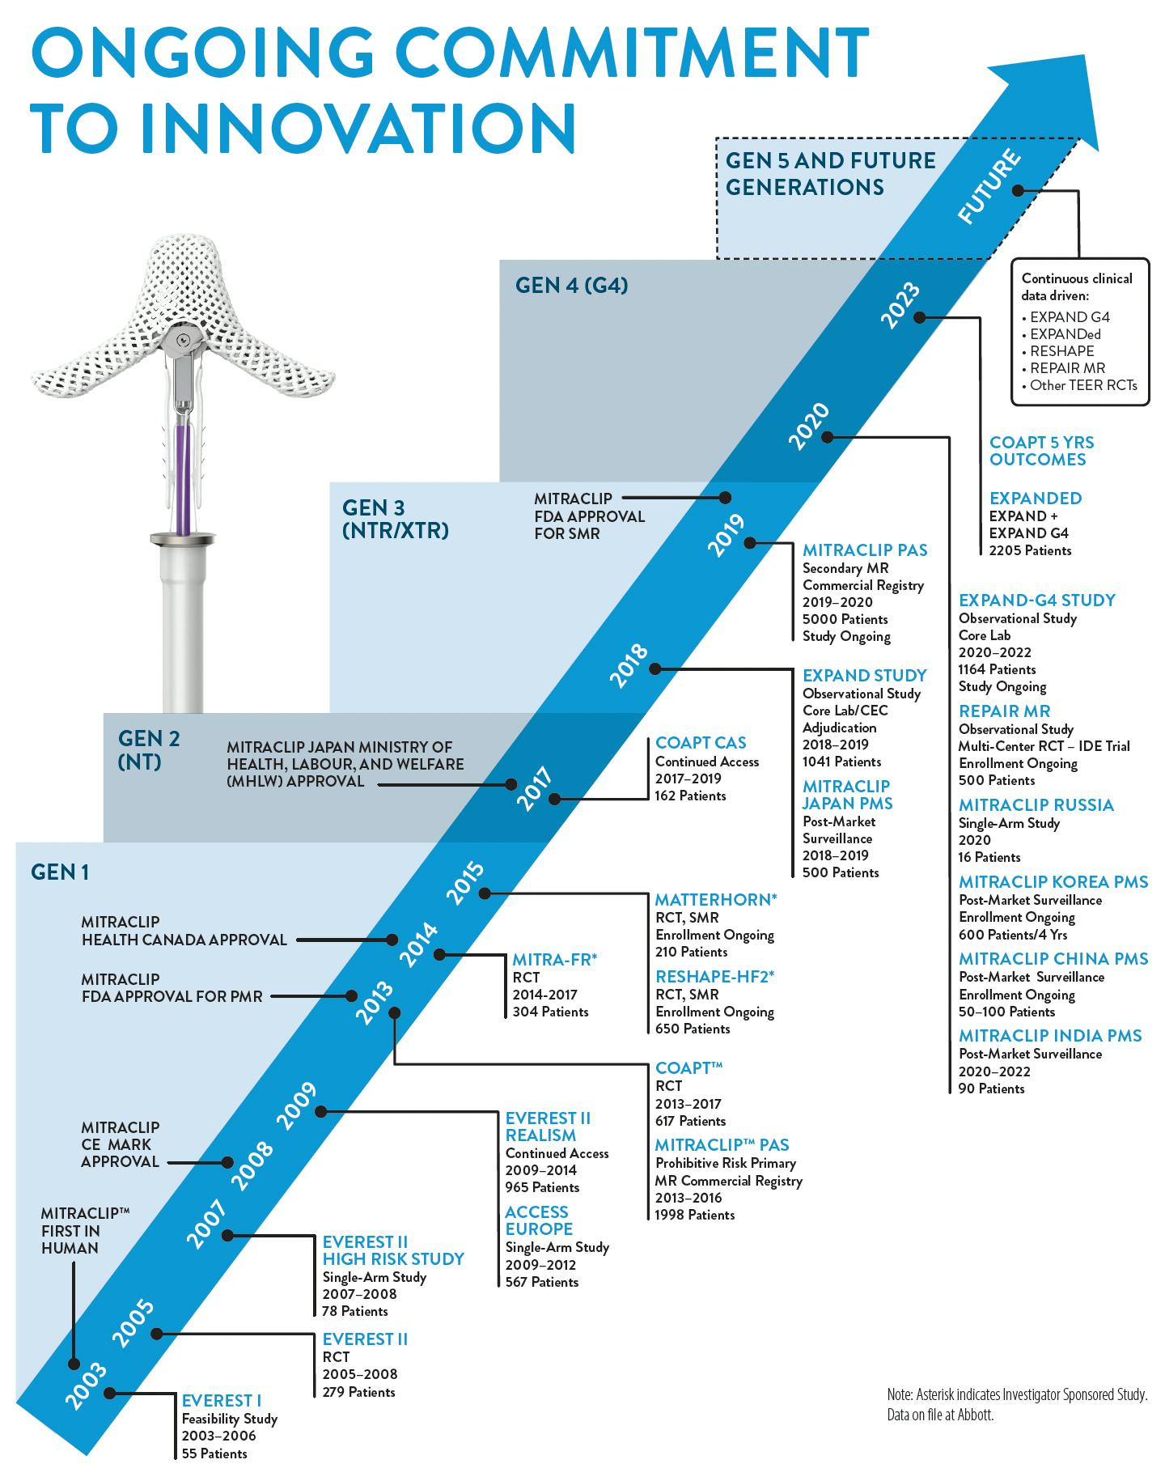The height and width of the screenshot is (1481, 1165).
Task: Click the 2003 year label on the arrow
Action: pos(85,1386)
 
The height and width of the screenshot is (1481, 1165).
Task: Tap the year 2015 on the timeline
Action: pos(465,884)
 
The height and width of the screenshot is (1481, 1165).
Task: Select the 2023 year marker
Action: pos(900,305)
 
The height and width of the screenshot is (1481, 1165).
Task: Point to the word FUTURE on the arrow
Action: pos(989,187)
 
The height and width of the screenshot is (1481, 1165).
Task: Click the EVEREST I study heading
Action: pos(221,1400)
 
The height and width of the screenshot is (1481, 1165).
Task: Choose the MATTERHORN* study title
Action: pos(715,899)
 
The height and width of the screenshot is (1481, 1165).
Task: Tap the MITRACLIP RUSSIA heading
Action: pos(1036,804)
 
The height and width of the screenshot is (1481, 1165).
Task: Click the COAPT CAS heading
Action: pos(701,742)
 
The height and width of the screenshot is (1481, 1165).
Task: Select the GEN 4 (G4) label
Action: pos(571,285)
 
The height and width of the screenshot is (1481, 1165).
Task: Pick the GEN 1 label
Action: pos(60,872)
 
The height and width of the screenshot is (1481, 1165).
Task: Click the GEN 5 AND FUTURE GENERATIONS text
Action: pos(830,173)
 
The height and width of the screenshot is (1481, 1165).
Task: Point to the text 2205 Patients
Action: pos(1030,550)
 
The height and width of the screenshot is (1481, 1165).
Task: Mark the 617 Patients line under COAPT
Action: pos(690,1121)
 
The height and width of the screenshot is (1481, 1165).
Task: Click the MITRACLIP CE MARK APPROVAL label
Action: pos(120,1144)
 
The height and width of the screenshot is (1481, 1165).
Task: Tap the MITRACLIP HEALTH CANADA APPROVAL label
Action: pos(184,931)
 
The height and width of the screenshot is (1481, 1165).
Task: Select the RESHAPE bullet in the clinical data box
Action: pos(1061,351)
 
